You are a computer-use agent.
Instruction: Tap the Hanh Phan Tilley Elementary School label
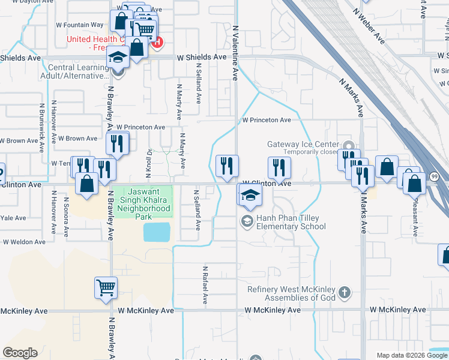[291, 222]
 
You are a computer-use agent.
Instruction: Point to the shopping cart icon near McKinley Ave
[106, 287]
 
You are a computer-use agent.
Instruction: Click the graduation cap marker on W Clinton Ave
[250, 194]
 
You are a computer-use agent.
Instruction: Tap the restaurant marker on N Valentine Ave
[227, 166]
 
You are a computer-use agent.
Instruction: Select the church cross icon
[344, 293]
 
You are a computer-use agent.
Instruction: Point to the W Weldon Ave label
[24, 242]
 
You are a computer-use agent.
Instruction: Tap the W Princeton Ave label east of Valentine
[267, 120]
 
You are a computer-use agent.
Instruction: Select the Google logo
[20, 353]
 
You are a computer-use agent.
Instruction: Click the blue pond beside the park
[157, 231]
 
